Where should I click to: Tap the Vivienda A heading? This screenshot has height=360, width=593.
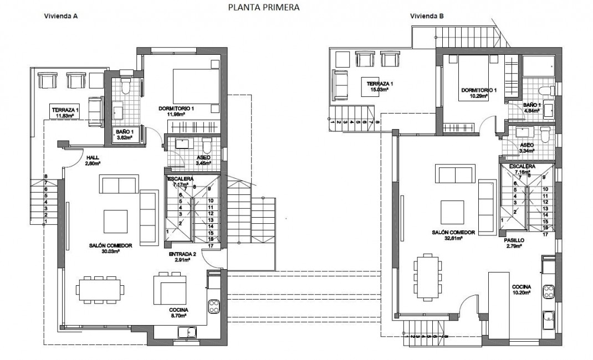60,17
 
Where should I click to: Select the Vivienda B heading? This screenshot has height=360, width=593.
427,17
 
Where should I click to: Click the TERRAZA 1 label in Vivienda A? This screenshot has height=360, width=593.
65,110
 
